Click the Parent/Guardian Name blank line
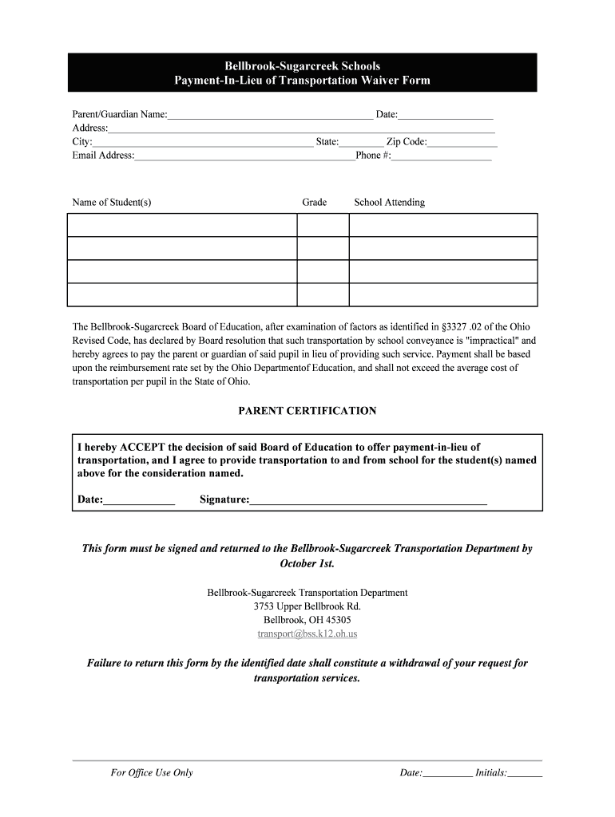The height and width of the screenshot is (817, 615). pyautogui.click(x=270, y=116)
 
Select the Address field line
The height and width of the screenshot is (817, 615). pyautogui.click(x=301, y=129)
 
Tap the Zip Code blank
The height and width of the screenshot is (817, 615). pyautogui.click(x=462, y=143)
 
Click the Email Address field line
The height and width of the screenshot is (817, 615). pyautogui.click(x=244, y=156)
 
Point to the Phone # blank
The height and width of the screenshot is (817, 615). pyautogui.click(x=441, y=156)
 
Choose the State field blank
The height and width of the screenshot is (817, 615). pyautogui.click(x=361, y=143)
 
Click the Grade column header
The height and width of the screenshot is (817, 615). pyautogui.click(x=314, y=203)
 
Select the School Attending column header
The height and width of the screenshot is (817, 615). pyautogui.click(x=389, y=203)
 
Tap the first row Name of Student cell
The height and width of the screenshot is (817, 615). pyautogui.click(x=182, y=225)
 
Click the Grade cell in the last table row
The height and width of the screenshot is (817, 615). pyautogui.click(x=323, y=295)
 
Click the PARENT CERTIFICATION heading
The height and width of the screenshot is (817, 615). pyautogui.click(x=307, y=411)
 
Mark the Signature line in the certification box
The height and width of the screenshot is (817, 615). pyautogui.click(x=368, y=501)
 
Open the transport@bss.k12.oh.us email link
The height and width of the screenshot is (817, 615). pyautogui.click(x=307, y=633)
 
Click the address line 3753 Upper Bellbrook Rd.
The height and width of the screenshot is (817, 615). pyautogui.click(x=307, y=606)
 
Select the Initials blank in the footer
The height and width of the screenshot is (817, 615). pyautogui.click(x=525, y=773)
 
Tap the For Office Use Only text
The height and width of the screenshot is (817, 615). pyautogui.click(x=152, y=773)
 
